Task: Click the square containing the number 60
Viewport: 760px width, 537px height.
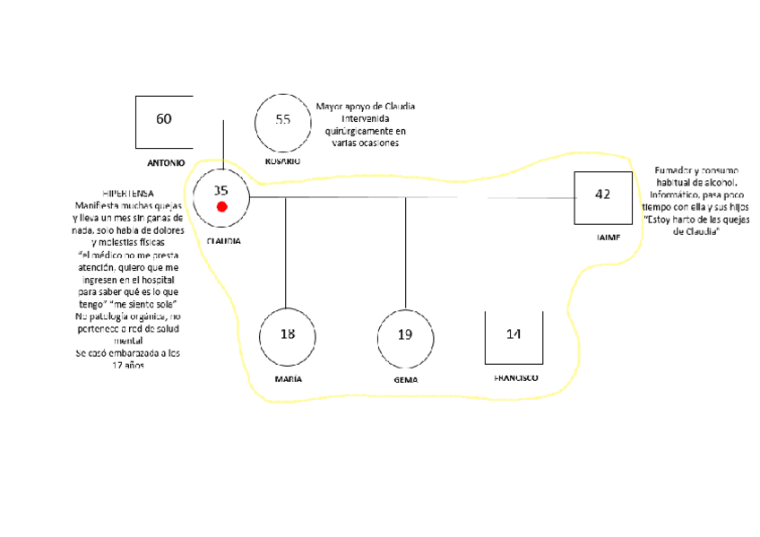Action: tap(164, 121)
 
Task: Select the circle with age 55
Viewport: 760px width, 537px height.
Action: tap(282, 121)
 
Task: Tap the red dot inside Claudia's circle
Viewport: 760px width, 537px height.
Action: tap(222, 207)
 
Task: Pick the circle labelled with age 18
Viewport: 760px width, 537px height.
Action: tap(287, 335)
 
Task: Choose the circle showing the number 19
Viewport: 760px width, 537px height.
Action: tap(405, 335)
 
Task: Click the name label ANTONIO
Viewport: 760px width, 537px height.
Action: tap(166, 163)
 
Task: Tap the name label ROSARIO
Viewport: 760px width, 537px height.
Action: tap(282, 161)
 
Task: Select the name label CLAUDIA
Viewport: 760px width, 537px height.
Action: tap(223, 241)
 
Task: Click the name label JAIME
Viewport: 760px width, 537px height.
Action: tap(607, 238)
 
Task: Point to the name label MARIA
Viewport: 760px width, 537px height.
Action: tap(288, 379)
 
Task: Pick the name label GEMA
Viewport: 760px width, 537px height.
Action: tap(406, 380)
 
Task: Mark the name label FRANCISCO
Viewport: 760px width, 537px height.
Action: tap(516, 378)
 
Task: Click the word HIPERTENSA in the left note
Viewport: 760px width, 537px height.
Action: tap(127, 194)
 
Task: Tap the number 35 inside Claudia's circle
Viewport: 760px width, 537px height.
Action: tap(221, 190)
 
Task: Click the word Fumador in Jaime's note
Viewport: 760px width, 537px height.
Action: tap(675, 170)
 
